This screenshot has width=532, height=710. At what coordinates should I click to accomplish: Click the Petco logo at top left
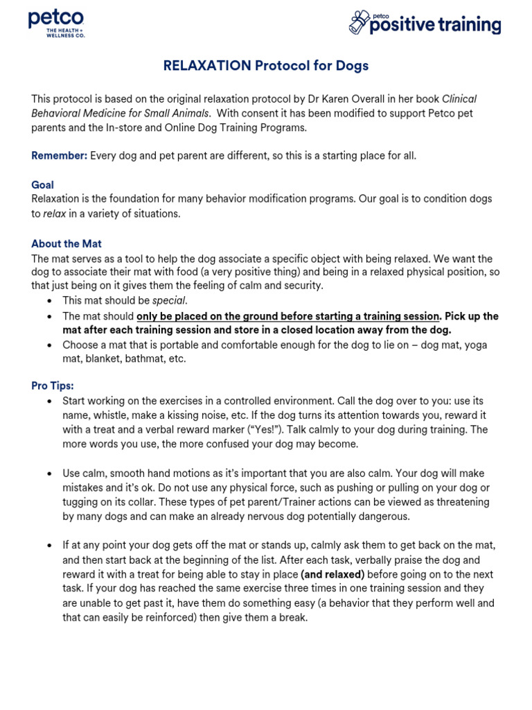click(56, 20)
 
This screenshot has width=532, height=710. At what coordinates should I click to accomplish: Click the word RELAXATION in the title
click(207, 66)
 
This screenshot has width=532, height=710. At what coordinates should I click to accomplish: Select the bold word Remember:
click(60, 155)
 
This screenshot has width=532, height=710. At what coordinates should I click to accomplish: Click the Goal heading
click(42, 185)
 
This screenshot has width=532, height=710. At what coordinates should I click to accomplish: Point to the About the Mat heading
click(66, 243)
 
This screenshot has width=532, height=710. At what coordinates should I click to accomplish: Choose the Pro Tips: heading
click(53, 386)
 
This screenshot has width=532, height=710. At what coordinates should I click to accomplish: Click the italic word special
click(169, 300)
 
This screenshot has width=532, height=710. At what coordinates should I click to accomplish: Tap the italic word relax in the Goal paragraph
click(55, 214)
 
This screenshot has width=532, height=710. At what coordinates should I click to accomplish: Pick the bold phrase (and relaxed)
click(332, 574)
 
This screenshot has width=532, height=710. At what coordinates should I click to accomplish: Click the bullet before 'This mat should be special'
click(48, 301)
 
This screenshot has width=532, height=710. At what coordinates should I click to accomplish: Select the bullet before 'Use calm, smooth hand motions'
click(48, 474)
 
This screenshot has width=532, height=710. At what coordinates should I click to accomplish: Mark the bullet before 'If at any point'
click(48, 546)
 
